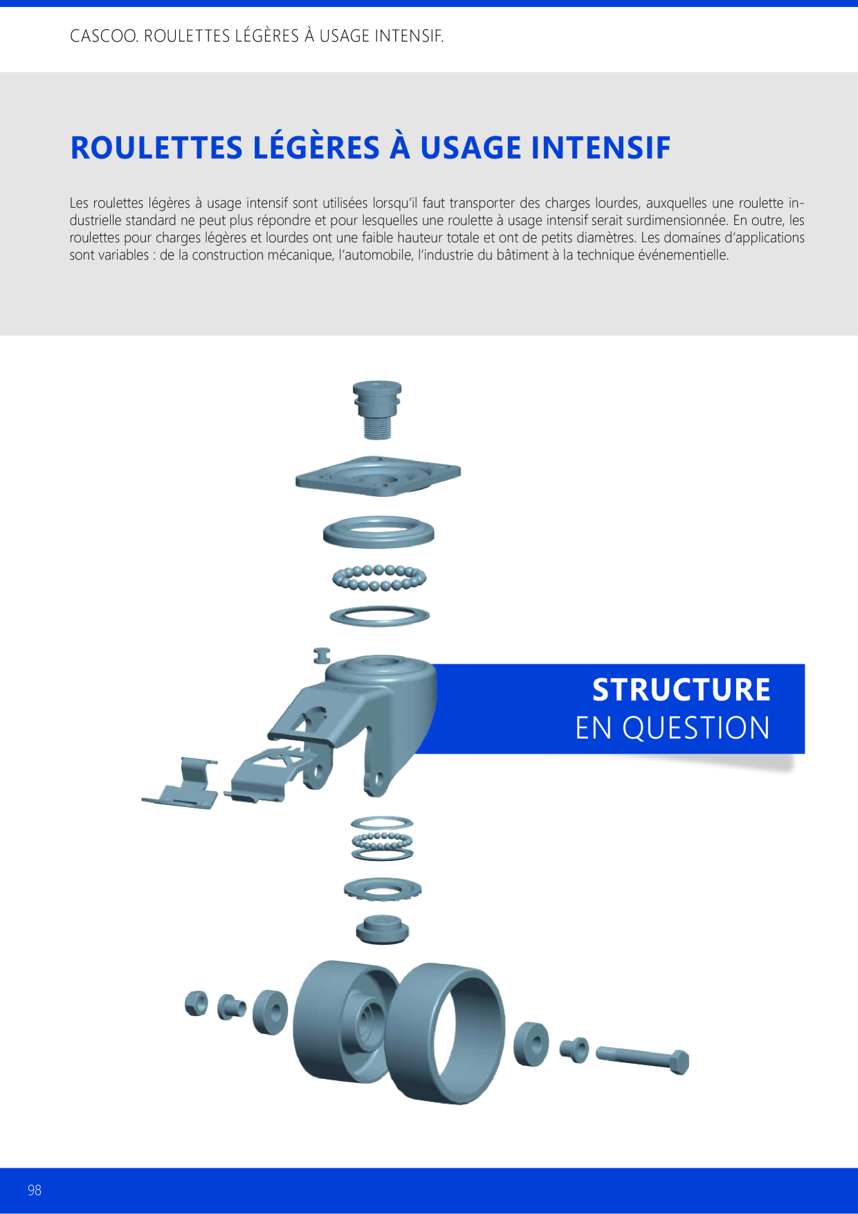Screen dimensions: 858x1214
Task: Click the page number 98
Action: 35,1190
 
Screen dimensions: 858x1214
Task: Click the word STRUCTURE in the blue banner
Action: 682,689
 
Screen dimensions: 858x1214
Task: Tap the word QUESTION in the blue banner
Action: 696,728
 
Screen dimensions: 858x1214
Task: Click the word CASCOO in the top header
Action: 104,36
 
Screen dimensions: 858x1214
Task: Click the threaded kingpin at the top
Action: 377,410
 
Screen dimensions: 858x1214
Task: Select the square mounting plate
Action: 378,475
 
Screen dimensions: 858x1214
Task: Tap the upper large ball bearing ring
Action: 379,577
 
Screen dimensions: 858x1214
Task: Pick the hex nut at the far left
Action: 197,1003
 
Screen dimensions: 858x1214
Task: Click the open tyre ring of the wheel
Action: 446,1033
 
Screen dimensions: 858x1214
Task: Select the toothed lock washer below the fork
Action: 383,889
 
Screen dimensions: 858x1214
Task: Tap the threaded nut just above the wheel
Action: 383,929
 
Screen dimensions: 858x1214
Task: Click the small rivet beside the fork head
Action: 322,655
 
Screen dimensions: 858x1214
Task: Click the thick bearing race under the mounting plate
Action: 378,532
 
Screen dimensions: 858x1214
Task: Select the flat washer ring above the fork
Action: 380,615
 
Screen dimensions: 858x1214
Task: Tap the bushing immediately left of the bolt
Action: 574,1050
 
